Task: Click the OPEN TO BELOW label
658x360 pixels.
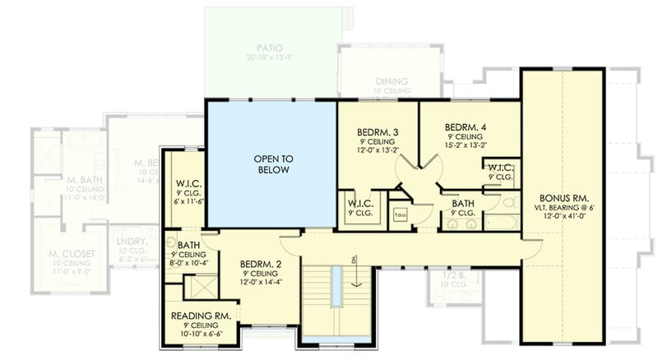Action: [271, 164]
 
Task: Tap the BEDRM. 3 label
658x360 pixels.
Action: [378, 132]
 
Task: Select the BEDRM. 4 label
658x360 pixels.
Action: [465, 127]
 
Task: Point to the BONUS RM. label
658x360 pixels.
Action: [563, 198]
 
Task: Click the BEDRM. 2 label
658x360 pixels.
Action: [262, 265]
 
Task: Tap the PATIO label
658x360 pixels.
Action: [269, 48]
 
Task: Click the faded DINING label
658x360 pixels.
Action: [392, 81]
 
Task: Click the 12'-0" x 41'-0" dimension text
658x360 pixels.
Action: [563, 219]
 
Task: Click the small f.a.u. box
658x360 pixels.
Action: [401, 216]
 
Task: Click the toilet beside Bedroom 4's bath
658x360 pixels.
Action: [507, 202]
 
